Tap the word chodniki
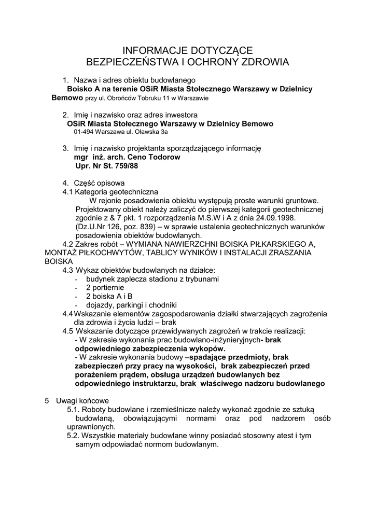pos(163,304)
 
